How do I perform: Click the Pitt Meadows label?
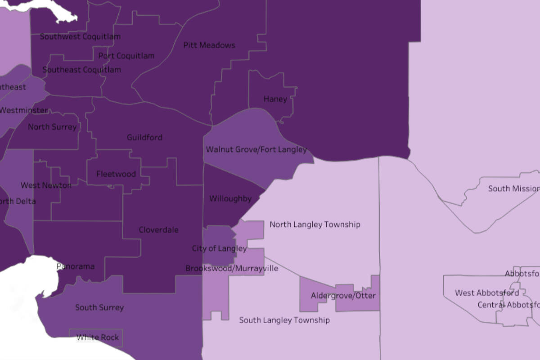tap(209, 45)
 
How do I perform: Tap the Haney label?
tap(275, 99)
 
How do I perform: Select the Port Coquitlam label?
tap(126, 56)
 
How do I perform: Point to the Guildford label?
tap(144, 137)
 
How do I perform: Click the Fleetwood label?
tap(116, 174)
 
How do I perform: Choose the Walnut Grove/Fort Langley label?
tap(256, 149)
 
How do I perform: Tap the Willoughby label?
tap(230, 198)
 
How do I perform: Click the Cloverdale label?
tap(158, 230)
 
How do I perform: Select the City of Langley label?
tap(219, 248)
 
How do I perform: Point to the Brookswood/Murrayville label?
tap(232, 269)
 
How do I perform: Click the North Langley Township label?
tap(315, 225)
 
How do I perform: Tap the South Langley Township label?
tap(284, 320)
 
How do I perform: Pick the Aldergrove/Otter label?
tap(343, 296)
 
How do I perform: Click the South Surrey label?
tap(99, 308)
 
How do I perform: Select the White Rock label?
tap(98, 337)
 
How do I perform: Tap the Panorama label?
tap(76, 266)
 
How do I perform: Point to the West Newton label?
tap(46, 185)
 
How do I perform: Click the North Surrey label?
tap(52, 127)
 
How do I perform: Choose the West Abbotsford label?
tap(487, 293)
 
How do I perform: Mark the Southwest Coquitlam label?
tap(80, 37)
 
